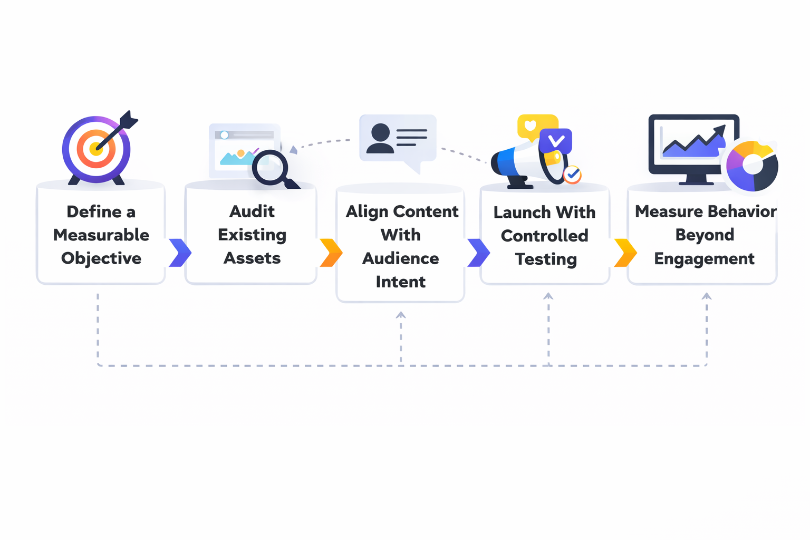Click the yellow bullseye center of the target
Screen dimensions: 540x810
point(95,149)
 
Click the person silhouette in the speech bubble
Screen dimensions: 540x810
point(380,138)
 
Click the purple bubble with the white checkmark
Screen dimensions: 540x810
point(556,141)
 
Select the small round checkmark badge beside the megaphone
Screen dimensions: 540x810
point(572,174)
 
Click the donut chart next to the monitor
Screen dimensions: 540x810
point(752,166)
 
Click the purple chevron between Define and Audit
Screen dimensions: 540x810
point(180,253)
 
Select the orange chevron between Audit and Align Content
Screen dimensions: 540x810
point(331,253)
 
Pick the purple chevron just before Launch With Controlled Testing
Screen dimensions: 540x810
point(478,253)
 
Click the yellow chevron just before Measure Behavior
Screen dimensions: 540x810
point(625,253)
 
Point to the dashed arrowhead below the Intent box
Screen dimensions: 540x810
point(401,315)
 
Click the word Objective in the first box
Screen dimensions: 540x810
point(101,258)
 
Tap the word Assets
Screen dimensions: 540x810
point(252,258)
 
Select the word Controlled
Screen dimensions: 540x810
point(544,236)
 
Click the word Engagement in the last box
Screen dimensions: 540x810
point(704,259)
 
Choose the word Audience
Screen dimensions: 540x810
point(400,258)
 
